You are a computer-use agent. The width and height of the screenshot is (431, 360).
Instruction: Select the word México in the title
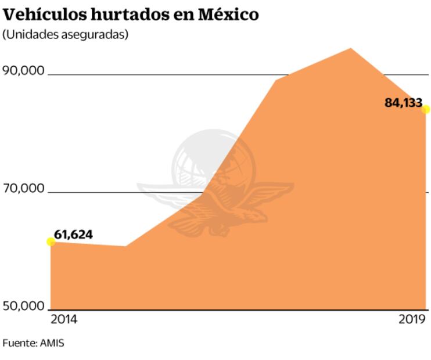pyautogui.click(x=228, y=15)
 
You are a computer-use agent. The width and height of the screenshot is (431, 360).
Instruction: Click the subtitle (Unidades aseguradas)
pyautogui.click(x=65, y=34)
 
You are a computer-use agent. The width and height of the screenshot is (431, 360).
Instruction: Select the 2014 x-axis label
pyautogui.click(x=64, y=319)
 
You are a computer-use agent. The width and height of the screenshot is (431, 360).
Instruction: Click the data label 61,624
pyautogui.click(x=73, y=235)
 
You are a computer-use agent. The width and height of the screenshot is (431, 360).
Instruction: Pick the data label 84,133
pyautogui.click(x=403, y=103)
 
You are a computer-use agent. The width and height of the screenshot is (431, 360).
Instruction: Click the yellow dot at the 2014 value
pyautogui.click(x=51, y=242)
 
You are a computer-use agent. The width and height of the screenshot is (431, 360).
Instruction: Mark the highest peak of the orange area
pyautogui.click(x=350, y=49)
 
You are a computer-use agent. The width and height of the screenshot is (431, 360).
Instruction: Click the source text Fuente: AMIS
pyautogui.click(x=33, y=343)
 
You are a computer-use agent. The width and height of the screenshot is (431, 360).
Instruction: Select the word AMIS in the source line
pyautogui.click(x=52, y=343)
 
